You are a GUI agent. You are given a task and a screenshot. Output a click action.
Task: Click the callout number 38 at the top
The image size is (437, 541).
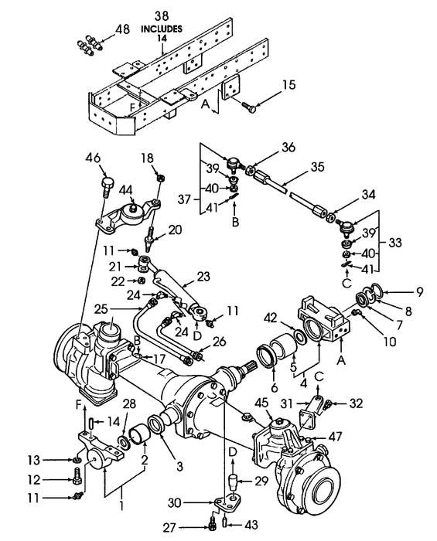pos(162,15)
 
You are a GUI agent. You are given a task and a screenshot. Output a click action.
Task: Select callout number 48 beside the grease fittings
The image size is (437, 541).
pos(122,29)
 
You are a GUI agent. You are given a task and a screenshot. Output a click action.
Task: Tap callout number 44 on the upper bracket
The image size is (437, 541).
pos(125,189)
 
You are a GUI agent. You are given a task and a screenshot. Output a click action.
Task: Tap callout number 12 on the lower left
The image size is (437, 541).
pos(55,479)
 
